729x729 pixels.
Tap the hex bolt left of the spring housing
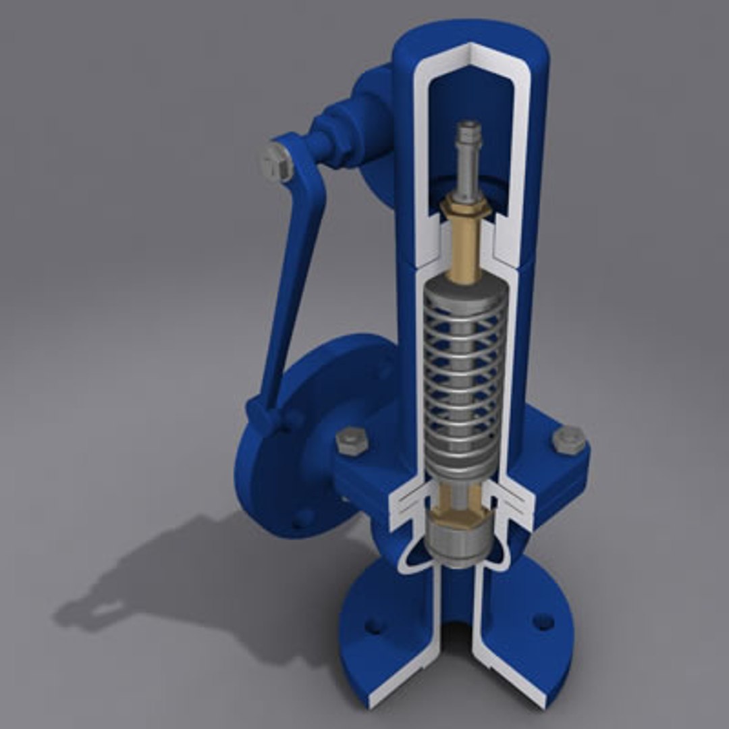[x=350, y=440]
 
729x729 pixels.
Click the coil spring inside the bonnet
[x=464, y=378]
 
